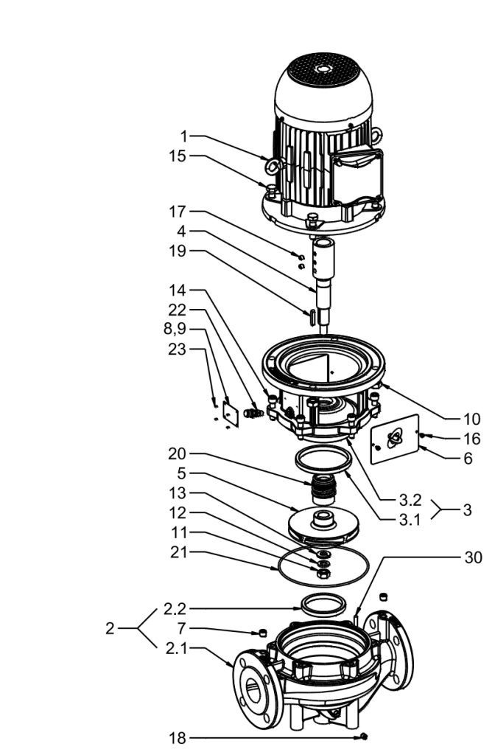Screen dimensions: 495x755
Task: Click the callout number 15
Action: tap(177, 156)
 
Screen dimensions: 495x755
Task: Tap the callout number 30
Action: tap(473, 557)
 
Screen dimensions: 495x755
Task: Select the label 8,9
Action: tap(175, 329)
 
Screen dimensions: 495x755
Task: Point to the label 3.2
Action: tap(410, 500)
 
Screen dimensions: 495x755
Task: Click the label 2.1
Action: tap(175, 648)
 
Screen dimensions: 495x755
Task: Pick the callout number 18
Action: tap(177, 737)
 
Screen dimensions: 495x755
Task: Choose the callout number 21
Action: tap(178, 552)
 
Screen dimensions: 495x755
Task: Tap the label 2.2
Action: tap(175, 608)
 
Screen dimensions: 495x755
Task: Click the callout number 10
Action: tap(471, 419)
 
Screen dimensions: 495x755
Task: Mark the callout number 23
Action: tap(177, 349)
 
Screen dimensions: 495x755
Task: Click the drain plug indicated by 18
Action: tap(364, 737)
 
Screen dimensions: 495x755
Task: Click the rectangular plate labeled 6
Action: tap(395, 438)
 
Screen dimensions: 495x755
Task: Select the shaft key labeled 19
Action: tap(312, 319)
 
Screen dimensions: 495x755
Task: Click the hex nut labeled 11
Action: tap(323, 572)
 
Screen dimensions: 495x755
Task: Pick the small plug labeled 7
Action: tap(263, 632)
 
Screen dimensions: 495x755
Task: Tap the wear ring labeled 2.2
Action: tap(323, 605)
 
